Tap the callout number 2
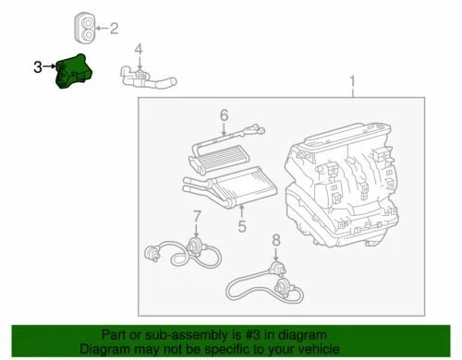pos(114,29)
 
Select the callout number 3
pos(38,66)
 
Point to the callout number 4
pos(139,48)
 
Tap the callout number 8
pos(274,242)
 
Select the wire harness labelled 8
pos(268,277)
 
